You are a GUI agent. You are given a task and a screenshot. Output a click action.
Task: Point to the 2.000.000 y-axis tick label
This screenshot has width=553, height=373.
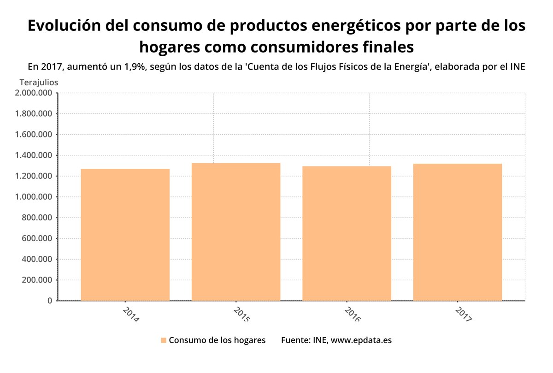[33, 93]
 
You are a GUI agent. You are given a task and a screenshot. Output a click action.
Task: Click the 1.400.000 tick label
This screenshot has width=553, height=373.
[33, 155]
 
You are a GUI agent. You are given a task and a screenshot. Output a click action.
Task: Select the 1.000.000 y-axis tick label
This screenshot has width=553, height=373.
[33, 197]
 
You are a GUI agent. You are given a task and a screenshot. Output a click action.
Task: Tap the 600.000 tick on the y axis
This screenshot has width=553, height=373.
[36, 238]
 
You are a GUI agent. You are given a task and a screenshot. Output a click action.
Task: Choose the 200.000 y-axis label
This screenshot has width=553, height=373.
[36, 280]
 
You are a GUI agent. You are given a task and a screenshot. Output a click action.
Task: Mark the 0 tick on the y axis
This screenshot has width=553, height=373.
[49, 301]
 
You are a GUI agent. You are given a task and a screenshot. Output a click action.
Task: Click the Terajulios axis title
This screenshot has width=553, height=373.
[39, 82]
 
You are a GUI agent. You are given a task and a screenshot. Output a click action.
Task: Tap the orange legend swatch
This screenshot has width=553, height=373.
[163, 341]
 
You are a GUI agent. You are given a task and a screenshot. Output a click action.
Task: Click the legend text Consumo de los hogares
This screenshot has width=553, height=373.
[217, 340]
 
